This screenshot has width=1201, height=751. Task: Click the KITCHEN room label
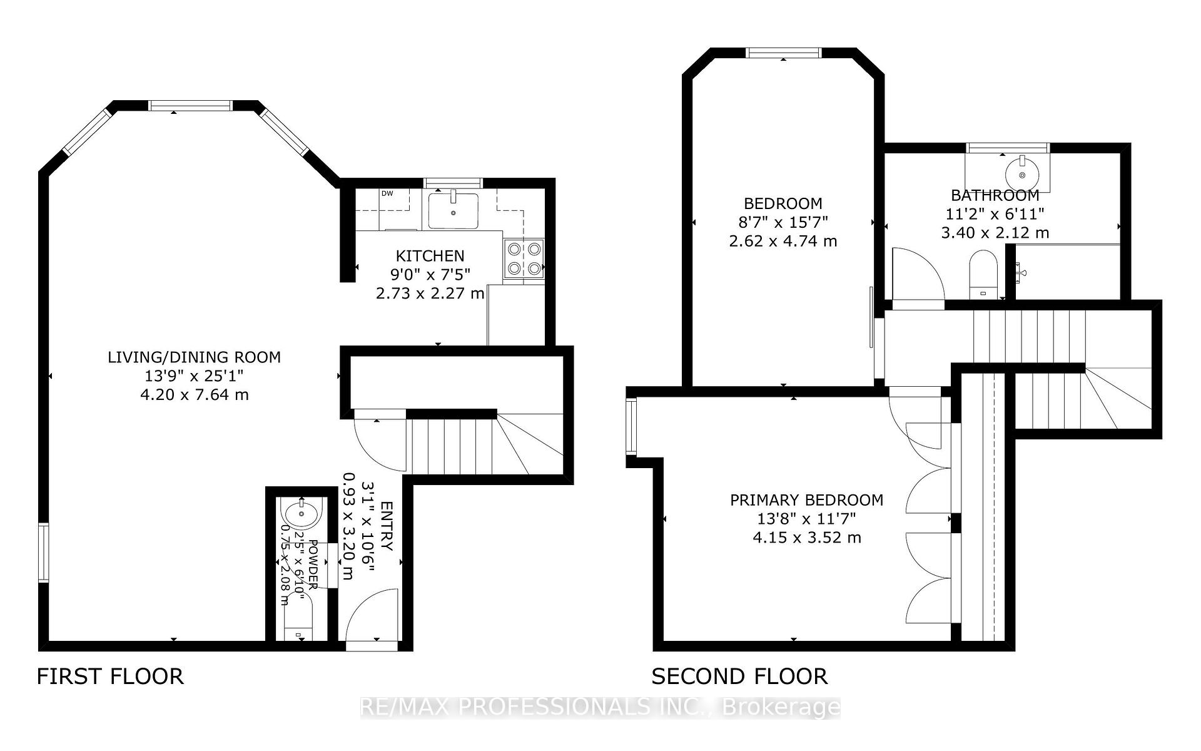click(430, 256)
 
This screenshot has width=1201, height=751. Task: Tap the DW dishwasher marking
click(387, 193)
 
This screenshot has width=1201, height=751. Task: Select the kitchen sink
click(454, 210)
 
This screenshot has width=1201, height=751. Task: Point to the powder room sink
click(302, 514)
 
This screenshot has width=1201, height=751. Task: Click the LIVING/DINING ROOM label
click(194, 357)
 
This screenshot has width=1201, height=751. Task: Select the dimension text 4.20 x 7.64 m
click(194, 395)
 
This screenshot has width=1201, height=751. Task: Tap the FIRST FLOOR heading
click(110, 677)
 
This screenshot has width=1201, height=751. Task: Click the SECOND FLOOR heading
click(739, 677)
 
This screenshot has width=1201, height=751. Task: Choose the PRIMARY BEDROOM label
click(806, 500)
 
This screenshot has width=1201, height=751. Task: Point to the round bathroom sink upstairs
click(1021, 175)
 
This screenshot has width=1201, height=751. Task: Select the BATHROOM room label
click(995, 195)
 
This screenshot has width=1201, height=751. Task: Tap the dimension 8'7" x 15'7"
click(783, 222)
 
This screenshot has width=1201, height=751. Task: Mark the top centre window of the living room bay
click(190, 105)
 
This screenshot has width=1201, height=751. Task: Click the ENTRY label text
click(387, 526)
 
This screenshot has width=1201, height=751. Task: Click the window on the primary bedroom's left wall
click(632, 427)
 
